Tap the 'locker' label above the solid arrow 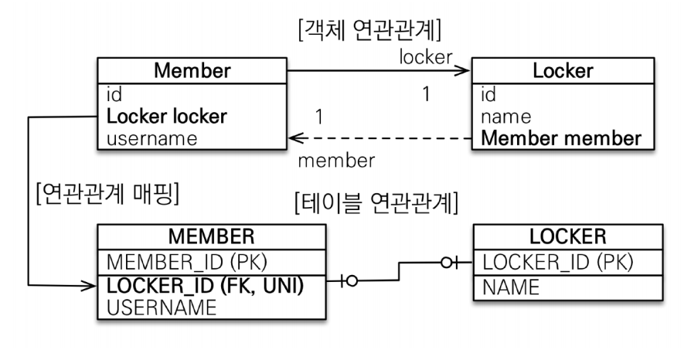tap(425, 57)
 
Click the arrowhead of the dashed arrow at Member tap(293, 139)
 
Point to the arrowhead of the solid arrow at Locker tap(465, 72)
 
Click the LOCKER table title tap(567, 236)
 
